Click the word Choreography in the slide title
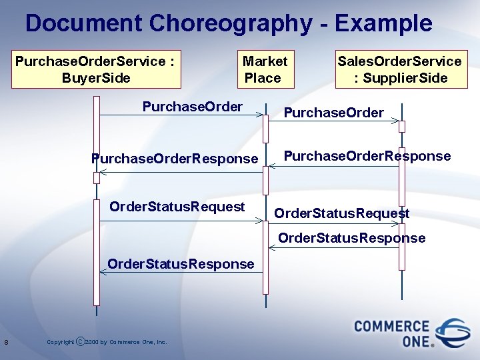point(229,23)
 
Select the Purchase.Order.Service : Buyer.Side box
point(96,70)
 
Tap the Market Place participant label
point(264,70)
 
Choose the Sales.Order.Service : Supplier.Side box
point(399,70)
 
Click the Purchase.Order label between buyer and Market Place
point(193,107)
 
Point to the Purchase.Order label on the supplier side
point(333,113)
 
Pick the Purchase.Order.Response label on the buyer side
point(174,159)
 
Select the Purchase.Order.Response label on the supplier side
point(367,156)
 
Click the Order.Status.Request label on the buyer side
point(177,207)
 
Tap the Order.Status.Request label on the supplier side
point(342,214)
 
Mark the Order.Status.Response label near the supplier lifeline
point(351,238)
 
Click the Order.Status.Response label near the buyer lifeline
point(181,264)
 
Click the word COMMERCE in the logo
point(391,326)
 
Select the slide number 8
point(6,343)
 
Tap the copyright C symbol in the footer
point(81,342)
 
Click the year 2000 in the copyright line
point(92,343)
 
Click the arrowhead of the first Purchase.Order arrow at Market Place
point(261,115)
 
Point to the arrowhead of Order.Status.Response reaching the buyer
point(102,271)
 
